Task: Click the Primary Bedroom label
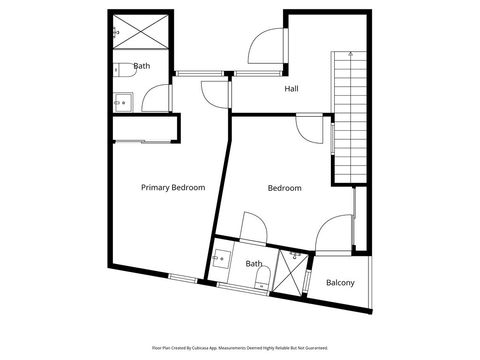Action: pyautogui.click(x=173, y=187)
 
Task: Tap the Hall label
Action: pyautogui.click(x=291, y=89)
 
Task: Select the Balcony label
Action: pyautogui.click(x=340, y=283)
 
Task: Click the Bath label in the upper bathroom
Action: pyautogui.click(x=142, y=67)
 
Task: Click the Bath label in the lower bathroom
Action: pyautogui.click(x=255, y=264)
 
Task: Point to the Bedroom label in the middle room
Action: pyautogui.click(x=284, y=188)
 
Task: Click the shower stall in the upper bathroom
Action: pyautogui.click(x=131, y=33)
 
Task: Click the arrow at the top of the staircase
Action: pyautogui.click(x=350, y=53)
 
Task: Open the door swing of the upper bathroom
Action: pyautogui.click(x=155, y=98)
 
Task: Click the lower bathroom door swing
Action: pyautogui.click(x=252, y=227)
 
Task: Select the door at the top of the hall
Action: pyautogui.click(x=269, y=44)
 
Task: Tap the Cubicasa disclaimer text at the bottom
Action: pyautogui.click(x=239, y=348)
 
